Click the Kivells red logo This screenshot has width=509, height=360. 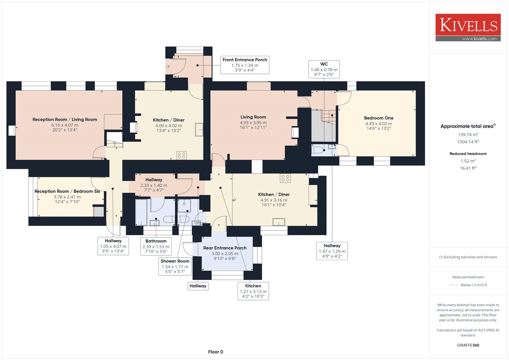[468, 27]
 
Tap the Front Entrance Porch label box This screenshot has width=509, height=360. [245, 65]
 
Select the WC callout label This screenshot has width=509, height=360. [324, 69]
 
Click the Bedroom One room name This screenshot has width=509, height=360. [379, 118]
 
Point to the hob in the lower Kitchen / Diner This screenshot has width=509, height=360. [285, 178]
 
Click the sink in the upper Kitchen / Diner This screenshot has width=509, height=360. [199, 130]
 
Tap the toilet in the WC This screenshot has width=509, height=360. [318, 150]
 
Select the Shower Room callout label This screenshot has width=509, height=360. [175, 266]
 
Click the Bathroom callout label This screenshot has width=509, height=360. [156, 246]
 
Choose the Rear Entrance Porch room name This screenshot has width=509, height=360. [225, 248]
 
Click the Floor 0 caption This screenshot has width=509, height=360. [216, 352]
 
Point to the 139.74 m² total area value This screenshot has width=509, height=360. [468, 134]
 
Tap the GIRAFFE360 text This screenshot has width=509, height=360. [468, 345]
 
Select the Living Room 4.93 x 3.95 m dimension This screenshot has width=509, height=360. [253, 123]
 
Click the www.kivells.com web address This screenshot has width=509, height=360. [479, 39]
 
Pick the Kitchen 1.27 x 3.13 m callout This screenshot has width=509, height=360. [253, 291]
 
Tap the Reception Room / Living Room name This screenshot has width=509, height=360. [65, 119]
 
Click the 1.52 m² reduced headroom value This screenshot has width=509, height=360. [468, 161]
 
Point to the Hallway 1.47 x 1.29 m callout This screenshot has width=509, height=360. [332, 251]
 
